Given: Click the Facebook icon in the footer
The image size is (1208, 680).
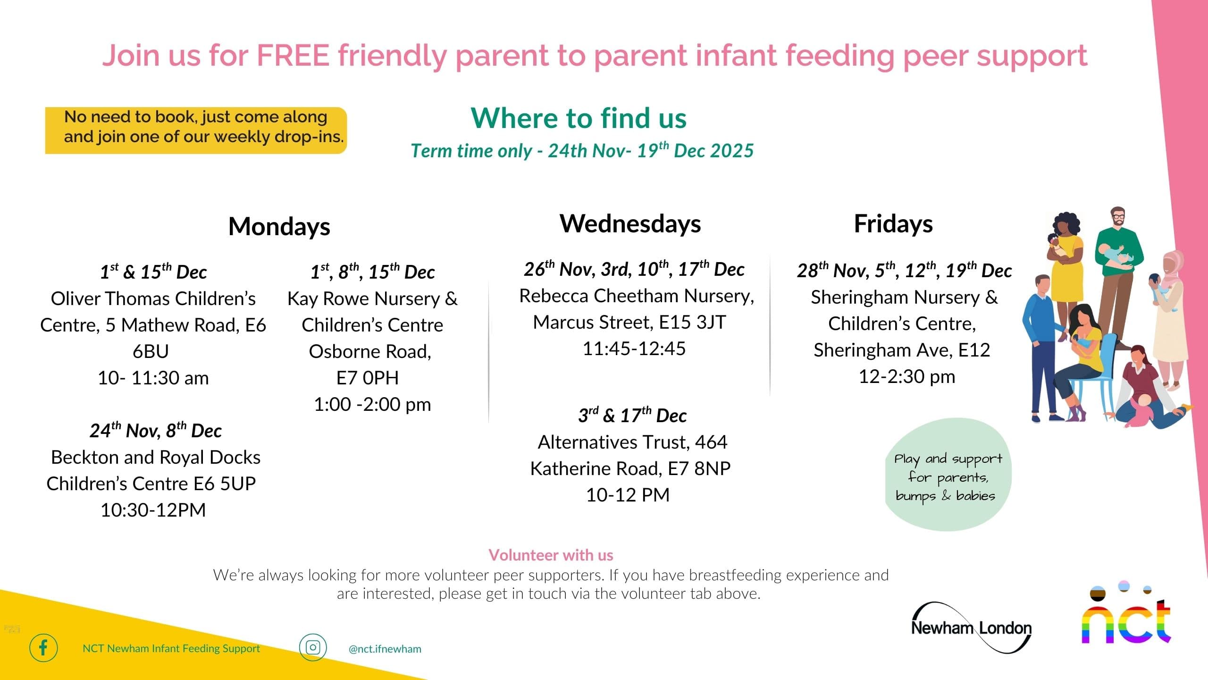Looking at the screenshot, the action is point(43,647).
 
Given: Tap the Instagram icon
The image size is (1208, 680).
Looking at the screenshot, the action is point(313,647).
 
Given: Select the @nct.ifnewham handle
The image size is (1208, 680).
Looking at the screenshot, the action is point(385,649).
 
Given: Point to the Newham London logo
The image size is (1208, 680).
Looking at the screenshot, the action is point(972,628).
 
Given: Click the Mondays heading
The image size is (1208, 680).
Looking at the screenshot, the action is point(279,227).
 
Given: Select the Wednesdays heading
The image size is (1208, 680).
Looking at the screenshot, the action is point(630,224).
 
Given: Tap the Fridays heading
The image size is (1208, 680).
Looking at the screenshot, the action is point(893,224).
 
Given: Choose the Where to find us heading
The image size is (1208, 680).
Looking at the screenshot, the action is point(579,118).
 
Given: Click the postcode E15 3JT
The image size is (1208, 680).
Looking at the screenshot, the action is point(692,323).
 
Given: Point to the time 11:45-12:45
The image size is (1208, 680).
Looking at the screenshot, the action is point(634,349).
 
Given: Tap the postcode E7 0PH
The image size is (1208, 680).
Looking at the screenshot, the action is point(368,378).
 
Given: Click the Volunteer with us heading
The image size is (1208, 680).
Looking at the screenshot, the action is point(551,555).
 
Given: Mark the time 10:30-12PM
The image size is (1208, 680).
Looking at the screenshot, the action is point(153,510).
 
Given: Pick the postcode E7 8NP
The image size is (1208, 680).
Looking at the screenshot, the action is point(699,469).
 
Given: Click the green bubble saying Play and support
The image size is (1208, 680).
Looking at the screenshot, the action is point(948,475).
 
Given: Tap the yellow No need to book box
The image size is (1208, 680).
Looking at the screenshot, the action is point(196,130).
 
